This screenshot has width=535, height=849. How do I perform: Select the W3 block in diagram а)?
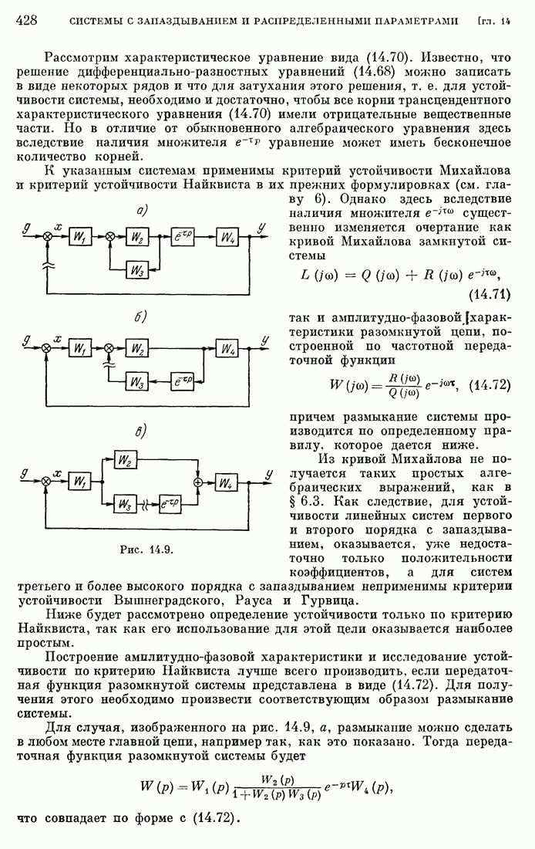(x=138, y=270)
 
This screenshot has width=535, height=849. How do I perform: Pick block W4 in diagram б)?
(x=228, y=350)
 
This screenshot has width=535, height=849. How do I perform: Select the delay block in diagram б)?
(x=183, y=381)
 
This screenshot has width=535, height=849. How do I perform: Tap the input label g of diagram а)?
(x=28, y=227)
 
